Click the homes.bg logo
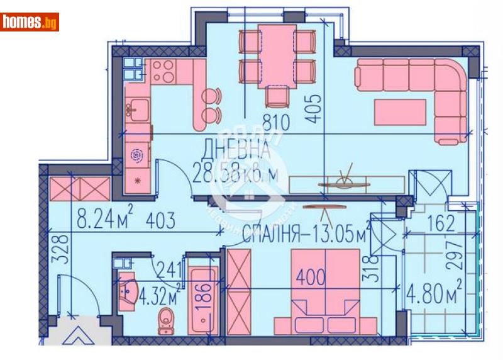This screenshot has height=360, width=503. [x=30, y=22]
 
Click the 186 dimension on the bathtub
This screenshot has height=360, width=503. [x=201, y=294]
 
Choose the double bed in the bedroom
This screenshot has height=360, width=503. [x=326, y=290]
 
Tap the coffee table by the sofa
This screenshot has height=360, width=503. [x=402, y=113]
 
